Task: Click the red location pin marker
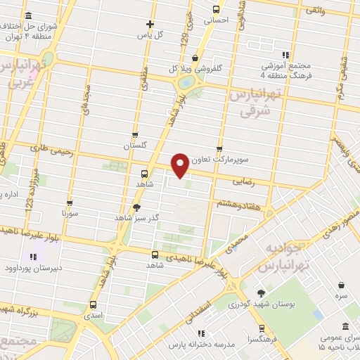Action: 180,165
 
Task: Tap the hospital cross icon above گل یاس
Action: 150,24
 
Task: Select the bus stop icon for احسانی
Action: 215,11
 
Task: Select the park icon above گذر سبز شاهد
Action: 136,207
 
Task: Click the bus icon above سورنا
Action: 68,200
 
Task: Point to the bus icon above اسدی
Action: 94,305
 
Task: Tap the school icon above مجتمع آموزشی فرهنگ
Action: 285,55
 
